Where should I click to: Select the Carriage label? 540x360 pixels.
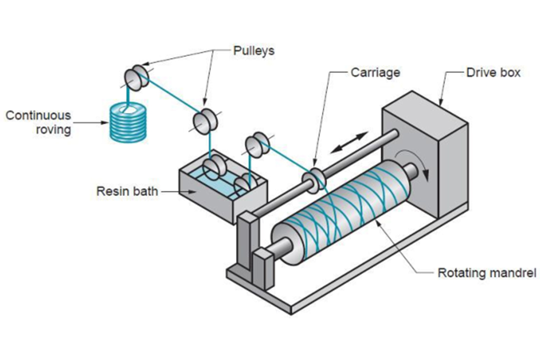click(x=375, y=72)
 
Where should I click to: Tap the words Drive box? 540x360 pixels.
click(x=493, y=72)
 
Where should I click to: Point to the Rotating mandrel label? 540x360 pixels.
click(x=487, y=273)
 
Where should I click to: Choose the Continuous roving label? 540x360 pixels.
click(x=38, y=122)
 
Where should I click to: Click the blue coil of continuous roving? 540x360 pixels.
click(x=127, y=124)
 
